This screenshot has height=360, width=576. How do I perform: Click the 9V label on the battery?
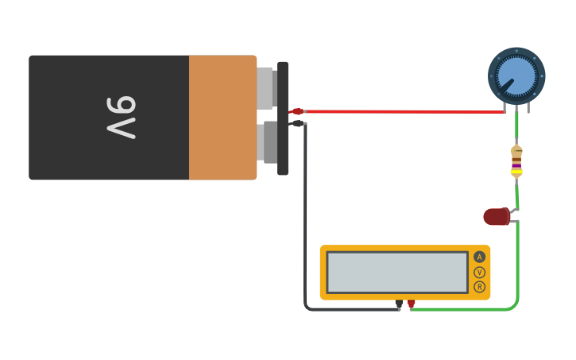click(122, 118)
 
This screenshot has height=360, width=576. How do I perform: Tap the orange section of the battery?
click(222, 118)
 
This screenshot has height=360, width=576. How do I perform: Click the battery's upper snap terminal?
click(266, 87)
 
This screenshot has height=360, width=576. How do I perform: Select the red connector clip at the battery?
click(296, 111)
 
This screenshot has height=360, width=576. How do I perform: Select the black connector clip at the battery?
click(297, 123)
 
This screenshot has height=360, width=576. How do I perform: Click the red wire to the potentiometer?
click(397, 111)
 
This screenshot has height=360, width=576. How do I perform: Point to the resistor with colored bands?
click(516, 161)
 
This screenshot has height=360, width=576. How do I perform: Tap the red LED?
click(497, 216)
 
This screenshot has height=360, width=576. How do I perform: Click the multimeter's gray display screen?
click(397, 273)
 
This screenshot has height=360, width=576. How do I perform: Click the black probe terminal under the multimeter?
click(399, 303)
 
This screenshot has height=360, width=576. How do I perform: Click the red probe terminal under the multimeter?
click(411, 303)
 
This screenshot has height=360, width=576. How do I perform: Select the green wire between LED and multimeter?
click(518, 270)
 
